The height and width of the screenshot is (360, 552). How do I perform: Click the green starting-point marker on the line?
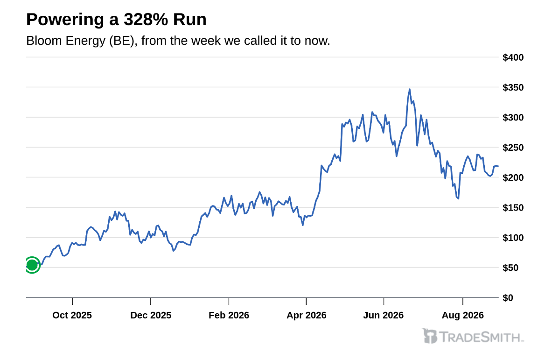(x=32, y=265)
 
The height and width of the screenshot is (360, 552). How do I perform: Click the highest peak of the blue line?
(x=409, y=89)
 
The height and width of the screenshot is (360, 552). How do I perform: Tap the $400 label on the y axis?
(x=513, y=57)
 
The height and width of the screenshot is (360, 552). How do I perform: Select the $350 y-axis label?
(x=513, y=87)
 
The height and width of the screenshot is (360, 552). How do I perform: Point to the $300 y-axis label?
(x=513, y=117)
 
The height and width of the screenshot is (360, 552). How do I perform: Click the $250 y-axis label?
(x=513, y=148)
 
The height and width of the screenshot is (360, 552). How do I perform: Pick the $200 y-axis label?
(x=513, y=177)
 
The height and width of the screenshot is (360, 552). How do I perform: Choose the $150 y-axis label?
(x=513, y=207)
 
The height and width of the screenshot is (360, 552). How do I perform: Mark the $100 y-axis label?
(x=513, y=238)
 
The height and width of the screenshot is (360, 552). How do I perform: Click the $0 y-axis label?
(x=508, y=298)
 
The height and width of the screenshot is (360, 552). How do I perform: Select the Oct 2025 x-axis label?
(x=72, y=315)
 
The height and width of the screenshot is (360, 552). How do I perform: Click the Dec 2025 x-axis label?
(x=151, y=315)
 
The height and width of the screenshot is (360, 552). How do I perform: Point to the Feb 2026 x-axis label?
(x=229, y=315)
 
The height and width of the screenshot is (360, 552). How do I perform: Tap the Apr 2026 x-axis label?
(x=306, y=315)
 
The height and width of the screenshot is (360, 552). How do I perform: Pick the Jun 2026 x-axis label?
(x=384, y=315)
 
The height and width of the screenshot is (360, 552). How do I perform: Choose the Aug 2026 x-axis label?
(x=462, y=315)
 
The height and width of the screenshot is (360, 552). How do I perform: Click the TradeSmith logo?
(x=473, y=336)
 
